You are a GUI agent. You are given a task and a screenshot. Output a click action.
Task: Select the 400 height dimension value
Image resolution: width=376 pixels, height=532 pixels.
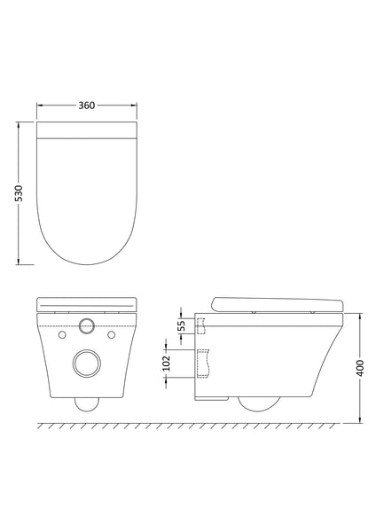359,366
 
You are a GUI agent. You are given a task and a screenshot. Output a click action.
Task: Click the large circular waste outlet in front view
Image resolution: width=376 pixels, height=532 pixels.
86,364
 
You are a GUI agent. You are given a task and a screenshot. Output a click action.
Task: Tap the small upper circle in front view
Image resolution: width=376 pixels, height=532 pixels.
86,325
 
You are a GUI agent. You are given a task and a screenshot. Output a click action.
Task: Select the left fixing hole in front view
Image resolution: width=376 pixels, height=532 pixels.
61,336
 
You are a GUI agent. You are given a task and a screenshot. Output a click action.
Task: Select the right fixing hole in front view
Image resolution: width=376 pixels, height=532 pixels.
111,336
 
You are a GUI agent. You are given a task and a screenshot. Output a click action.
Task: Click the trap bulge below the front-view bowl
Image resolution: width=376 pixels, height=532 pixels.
86,403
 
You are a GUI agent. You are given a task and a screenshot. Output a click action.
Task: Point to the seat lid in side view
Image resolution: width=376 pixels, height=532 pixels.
275,301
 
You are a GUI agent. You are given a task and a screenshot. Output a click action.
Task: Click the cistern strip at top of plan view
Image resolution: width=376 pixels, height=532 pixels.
87,132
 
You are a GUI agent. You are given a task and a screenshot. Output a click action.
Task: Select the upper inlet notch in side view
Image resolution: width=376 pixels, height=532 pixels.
201,328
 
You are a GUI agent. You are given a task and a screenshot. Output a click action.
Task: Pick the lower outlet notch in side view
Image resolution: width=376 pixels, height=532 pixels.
204,364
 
